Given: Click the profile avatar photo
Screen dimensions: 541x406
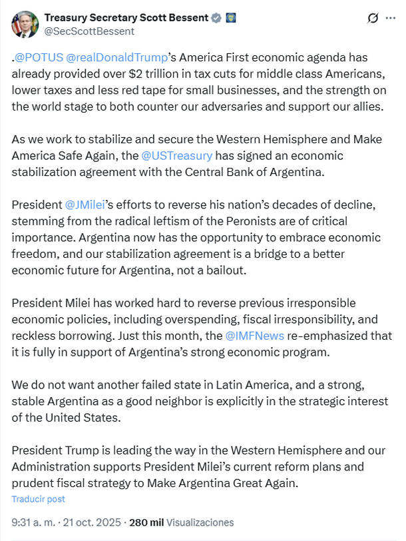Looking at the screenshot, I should tap(25, 24).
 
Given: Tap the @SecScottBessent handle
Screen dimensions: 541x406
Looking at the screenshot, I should tap(89, 31).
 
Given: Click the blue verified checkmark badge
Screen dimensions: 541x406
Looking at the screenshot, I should tap(216, 18).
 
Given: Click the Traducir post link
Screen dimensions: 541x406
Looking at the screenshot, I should tap(39, 498).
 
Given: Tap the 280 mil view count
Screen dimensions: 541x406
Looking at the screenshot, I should tap(148, 522).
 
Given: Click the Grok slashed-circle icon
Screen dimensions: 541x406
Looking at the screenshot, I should tap(373, 18).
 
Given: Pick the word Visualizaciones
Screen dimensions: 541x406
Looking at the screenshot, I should tap(200, 522).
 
